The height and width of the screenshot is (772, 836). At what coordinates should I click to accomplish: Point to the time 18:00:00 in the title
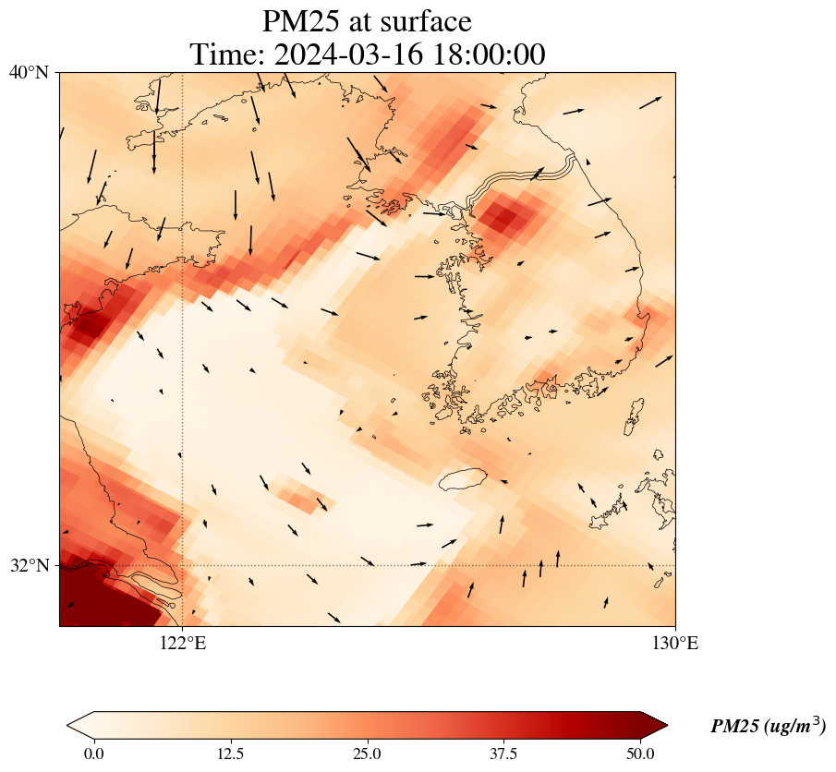pos(484,54)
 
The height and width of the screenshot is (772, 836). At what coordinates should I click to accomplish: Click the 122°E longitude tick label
pos(183,644)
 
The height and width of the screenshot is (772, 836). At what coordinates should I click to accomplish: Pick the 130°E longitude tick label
pos(675,644)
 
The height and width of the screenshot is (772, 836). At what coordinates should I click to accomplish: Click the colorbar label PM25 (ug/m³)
pos(768,727)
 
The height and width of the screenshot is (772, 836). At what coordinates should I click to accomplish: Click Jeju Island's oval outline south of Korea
pos(462,479)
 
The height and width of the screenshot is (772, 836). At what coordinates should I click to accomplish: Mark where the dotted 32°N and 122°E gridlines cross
pos(183,565)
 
